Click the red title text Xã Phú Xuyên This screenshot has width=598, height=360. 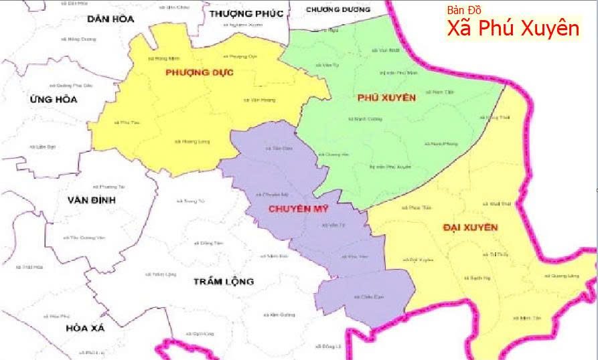coord(513,29)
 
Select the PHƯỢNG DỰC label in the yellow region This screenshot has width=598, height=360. coord(200,72)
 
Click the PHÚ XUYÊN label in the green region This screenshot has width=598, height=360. coord(387,98)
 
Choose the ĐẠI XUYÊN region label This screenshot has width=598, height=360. coord(470,228)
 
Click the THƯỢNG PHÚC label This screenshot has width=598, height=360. coord(246,13)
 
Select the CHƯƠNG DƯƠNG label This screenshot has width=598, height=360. coord(338,9)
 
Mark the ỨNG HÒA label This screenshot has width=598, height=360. coord(54,100)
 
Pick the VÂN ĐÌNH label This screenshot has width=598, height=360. coord(92,200)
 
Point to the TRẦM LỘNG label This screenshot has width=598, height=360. coord(224,281)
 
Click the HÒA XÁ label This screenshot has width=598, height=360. coord(86,329)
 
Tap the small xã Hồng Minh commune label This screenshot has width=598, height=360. coord(158,58)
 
